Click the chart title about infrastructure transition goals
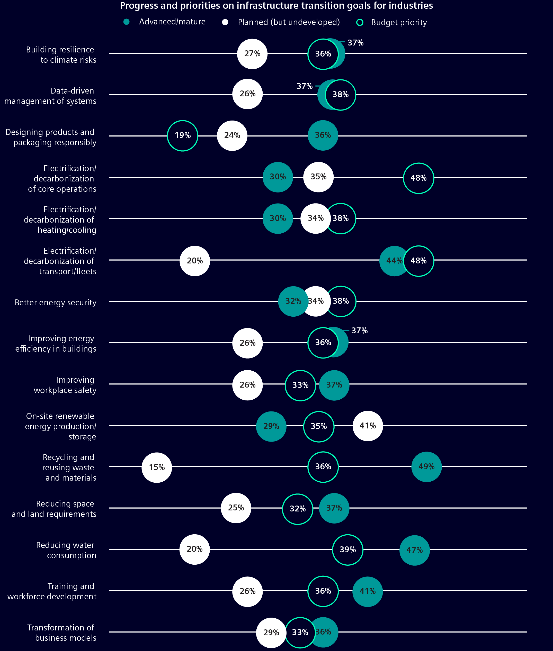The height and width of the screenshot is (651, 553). click(x=276, y=6)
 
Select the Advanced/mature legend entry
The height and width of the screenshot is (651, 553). click(x=165, y=22)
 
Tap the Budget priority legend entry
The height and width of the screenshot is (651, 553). click(x=392, y=23)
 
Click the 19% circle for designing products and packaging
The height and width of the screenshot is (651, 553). click(x=182, y=136)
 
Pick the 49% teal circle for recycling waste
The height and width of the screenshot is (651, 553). click(x=426, y=467)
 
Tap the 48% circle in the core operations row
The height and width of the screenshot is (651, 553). click(x=418, y=178)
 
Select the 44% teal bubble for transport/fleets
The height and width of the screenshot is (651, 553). click(x=393, y=261)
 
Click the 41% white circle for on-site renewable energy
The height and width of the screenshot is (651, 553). click(x=367, y=426)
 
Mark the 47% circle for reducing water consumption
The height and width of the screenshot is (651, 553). click(x=414, y=550)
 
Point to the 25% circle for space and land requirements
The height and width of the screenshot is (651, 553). click(x=236, y=508)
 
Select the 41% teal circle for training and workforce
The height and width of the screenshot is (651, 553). click(x=367, y=591)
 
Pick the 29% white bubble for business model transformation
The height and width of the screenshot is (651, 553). click(x=271, y=633)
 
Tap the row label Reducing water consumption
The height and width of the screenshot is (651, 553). click(x=66, y=550)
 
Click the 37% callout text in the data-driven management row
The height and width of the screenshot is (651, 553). click(x=304, y=86)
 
